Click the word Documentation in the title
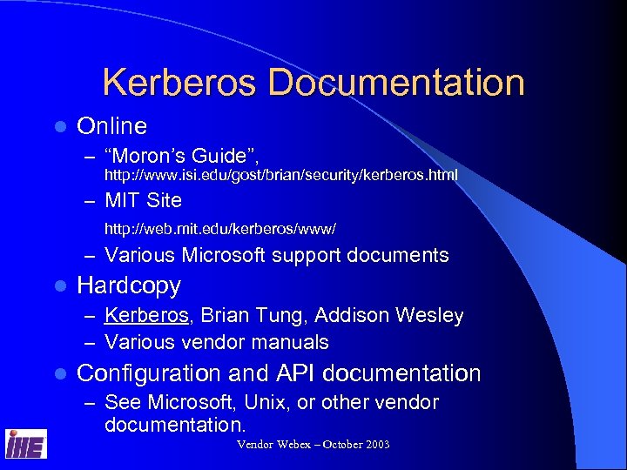[396, 83]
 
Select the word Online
[111, 126]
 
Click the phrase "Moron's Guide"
[179, 156]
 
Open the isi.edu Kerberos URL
[280, 176]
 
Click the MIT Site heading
[143, 200]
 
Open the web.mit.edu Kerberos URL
[219, 229]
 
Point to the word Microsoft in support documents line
[225, 255]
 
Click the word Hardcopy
[129, 285]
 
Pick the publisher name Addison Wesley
[387, 315]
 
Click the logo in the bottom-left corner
[26, 444]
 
